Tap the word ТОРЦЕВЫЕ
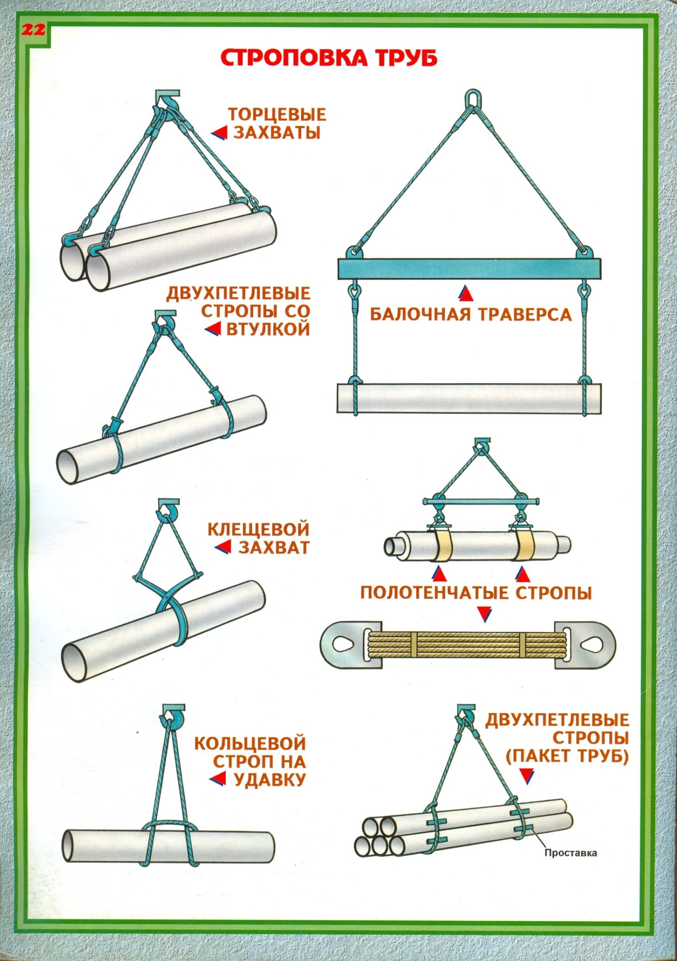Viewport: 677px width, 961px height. [x=277, y=115]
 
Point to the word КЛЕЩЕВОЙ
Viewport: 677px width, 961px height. [x=258, y=530]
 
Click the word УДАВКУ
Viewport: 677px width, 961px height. [x=269, y=779]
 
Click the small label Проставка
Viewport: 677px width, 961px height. [x=571, y=853]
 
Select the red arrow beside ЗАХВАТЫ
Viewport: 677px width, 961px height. [x=220, y=133]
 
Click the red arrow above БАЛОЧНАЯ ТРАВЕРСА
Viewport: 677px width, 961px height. [x=465, y=294]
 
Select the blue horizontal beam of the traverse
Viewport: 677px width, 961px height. [x=469, y=269]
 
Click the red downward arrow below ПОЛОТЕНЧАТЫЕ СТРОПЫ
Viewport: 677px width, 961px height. [x=484, y=614]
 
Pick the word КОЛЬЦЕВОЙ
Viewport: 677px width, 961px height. [x=250, y=743]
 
